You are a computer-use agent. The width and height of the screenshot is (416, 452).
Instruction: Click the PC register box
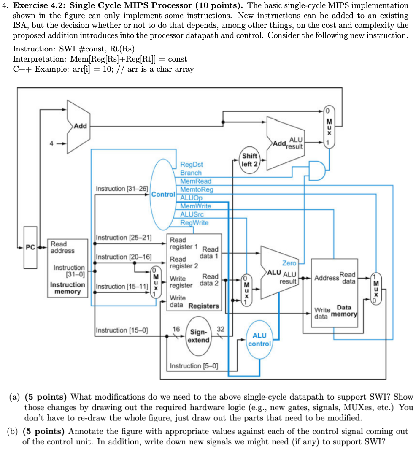(30, 247)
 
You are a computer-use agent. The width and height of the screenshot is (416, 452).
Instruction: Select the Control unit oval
(163, 195)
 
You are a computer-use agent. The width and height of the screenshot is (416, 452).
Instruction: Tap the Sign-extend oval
(198, 336)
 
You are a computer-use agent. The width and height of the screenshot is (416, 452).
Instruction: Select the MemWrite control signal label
(196, 206)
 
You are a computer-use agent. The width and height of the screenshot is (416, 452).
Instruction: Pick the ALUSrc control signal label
(192, 214)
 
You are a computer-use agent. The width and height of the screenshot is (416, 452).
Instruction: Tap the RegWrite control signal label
(194, 223)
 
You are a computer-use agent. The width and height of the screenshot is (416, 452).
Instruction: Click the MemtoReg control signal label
(197, 189)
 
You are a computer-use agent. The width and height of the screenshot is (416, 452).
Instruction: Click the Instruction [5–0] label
(194, 366)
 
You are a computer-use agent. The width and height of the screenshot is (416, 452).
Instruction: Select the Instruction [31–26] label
(122, 188)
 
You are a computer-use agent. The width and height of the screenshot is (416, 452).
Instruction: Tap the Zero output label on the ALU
(289, 263)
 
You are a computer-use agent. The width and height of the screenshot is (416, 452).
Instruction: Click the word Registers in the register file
(204, 306)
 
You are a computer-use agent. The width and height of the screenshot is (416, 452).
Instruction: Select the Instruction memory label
(68, 288)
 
